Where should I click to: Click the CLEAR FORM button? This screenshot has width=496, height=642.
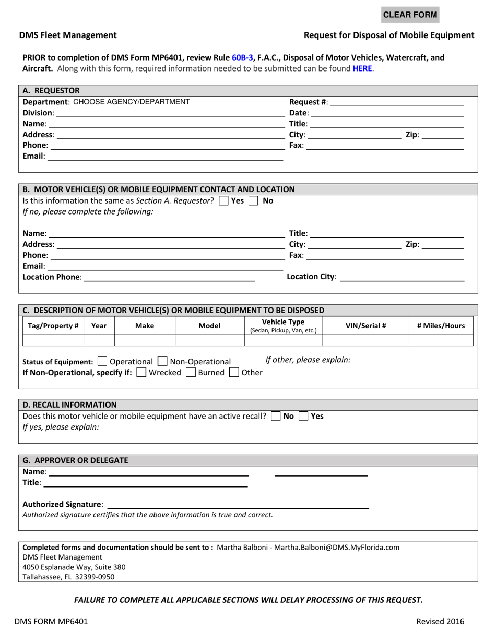410,15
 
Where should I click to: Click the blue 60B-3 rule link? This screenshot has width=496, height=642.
242,58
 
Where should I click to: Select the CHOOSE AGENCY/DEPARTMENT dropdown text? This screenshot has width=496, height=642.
131,102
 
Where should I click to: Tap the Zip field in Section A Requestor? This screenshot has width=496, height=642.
442,135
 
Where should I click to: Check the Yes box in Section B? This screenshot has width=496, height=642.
223,200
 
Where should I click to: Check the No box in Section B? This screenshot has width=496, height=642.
254,200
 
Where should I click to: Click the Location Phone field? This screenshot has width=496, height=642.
169,277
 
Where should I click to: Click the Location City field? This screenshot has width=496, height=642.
401,277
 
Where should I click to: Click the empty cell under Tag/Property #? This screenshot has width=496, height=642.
53,341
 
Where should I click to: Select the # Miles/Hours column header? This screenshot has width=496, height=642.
441,326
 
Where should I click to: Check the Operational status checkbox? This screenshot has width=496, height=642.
102,361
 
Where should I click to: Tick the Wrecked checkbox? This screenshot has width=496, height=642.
140,373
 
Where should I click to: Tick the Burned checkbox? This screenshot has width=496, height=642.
191,373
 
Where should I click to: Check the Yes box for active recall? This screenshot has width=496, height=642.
303,417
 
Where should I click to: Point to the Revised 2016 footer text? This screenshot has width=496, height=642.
440,621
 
